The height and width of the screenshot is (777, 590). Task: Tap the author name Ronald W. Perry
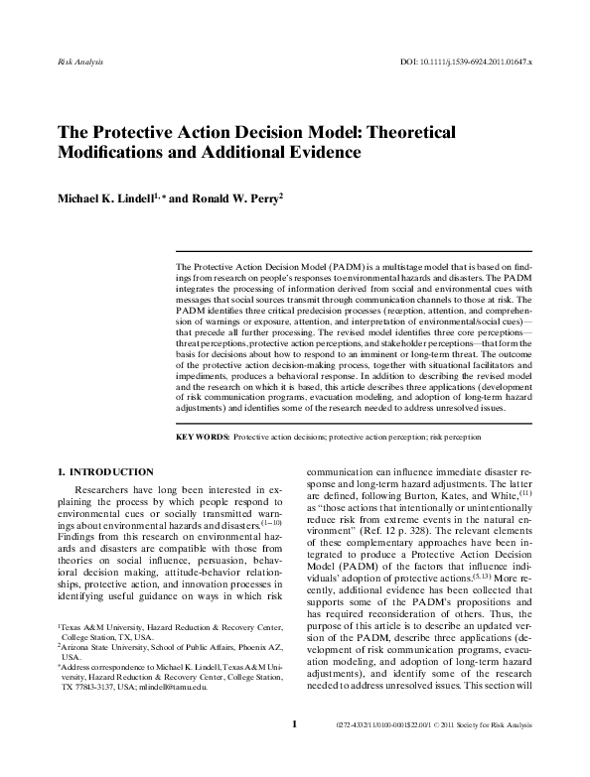click(x=234, y=197)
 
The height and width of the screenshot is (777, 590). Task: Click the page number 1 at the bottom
click(x=294, y=751)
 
